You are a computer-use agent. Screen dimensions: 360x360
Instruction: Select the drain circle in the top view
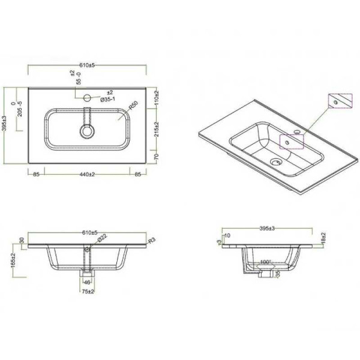pyautogui.click(x=88, y=130)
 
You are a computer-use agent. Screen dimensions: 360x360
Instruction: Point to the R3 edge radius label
pyautogui.click(x=152, y=241)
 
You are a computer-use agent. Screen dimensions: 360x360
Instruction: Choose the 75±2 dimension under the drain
pyautogui.click(x=88, y=292)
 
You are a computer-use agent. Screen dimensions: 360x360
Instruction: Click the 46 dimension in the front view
pyautogui.click(x=87, y=281)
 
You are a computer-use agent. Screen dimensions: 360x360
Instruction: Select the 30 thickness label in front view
pyautogui.click(x=22, y=241)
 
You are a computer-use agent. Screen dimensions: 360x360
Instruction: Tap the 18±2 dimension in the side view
pyautogui.click(x=323, y=238)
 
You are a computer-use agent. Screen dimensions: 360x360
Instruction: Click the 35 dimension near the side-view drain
pyautogui.click(x=277, y=274)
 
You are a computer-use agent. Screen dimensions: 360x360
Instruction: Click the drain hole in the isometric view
pyautogui.click(x=276, y=161)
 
